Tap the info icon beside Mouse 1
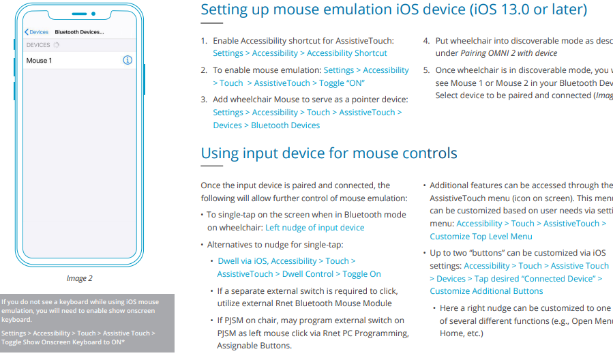(x=127, y=60)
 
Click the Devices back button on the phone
(x=37, y=32)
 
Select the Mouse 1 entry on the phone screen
(x=40, y=61)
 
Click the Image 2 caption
(x=79, y=278)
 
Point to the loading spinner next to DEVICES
(x=57, y=45)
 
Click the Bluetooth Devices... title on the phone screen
(x=79, y=32)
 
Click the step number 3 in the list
(x=204, y=100)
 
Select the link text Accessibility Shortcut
(x=346, y=53)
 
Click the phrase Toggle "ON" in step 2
(x=342, y=83)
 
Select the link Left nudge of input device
(x=314, y=228)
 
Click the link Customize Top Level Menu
(x=481, y=237)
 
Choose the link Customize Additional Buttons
(x=486, y=291)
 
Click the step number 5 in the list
(x=426, y=70)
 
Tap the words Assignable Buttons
(x=254, y=346)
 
